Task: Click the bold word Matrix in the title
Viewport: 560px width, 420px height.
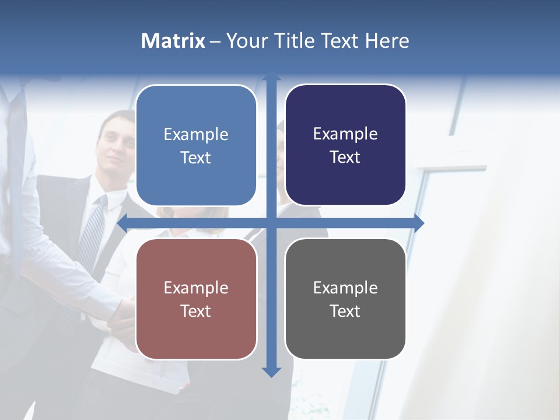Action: (x=173, y=41)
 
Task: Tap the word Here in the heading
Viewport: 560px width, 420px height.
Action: (x=387, y=41)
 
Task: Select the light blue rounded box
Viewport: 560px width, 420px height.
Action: (x=196, y=145)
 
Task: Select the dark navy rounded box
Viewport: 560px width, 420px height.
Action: (x=345, y=145)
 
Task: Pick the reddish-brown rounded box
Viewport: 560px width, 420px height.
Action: (x=196, y=299)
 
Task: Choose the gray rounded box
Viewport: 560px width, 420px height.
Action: (x=345, y=299)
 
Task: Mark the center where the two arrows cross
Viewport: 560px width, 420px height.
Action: (x=271, y=223)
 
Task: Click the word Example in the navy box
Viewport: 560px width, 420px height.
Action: (x=345, y=134)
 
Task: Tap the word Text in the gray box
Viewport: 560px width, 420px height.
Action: (x=345, y=311)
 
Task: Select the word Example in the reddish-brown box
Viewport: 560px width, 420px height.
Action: (x=196, y=288)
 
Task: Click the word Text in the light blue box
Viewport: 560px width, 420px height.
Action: (x=196, y=157)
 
